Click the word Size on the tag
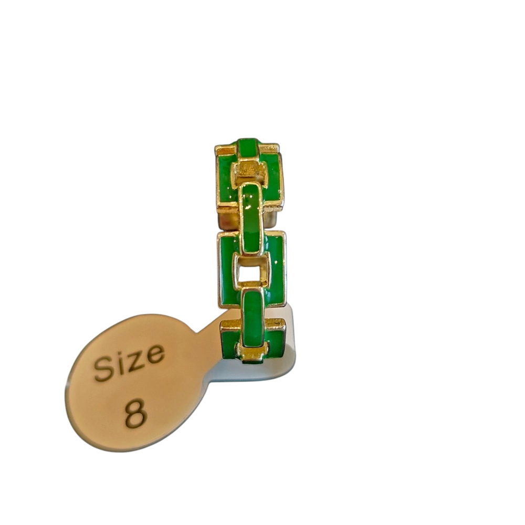point(130,363)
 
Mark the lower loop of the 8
point(136,421)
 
